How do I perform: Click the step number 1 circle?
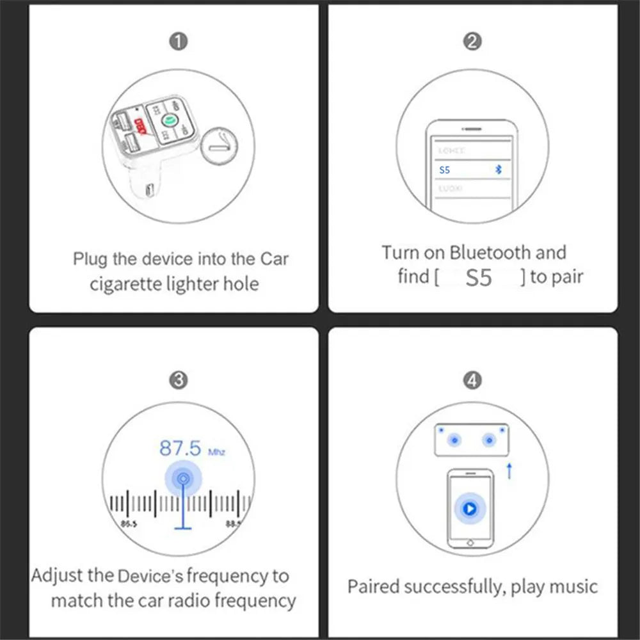[179, 42]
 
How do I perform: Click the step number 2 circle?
[472, 42]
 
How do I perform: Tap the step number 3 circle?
[179, 380]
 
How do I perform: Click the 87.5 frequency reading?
[180, 448]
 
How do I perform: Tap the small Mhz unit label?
[217, 452]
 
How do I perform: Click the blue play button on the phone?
[470, 509]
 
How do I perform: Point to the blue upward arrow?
[509, 471]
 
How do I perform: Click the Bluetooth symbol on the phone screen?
[500, 170]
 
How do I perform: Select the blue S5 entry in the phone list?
[445, 170]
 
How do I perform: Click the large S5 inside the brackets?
[479, 278]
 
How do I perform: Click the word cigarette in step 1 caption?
[125, 284]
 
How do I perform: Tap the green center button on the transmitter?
[170, 120]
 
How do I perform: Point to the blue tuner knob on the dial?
[184, 477]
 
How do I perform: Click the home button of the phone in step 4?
[470, 542]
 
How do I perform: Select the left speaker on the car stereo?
[454, 440]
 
